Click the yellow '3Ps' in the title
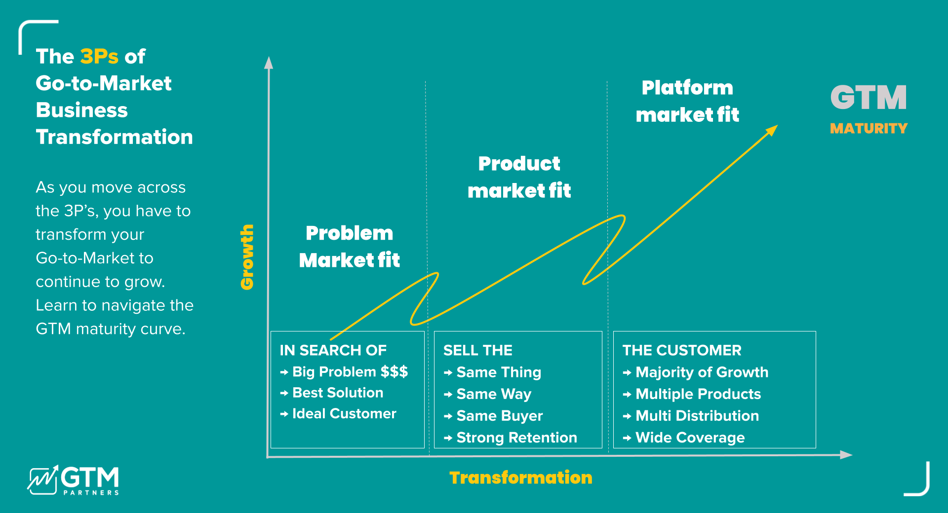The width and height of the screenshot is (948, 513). (x=99, y=57)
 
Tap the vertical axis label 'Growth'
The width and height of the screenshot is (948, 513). (x=247, y=257)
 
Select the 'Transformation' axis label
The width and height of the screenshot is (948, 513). (x=520, y=477)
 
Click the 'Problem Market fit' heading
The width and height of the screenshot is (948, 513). (x=349, y=247)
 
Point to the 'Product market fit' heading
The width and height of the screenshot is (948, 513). (x=519, y=177)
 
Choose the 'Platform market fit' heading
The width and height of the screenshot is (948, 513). (x=687, y=101)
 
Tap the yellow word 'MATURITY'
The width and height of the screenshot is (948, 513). (x=869, y=128)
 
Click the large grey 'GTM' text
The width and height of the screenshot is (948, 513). (x=869, y=97)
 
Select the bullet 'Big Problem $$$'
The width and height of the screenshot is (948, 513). (x=350, y=371)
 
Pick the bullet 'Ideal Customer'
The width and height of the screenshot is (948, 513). (x=344, y=413)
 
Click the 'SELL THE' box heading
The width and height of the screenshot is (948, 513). (x=477, y=350)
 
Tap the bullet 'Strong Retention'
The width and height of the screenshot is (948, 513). (x=516, y=438)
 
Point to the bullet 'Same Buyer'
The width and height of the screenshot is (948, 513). (x=499, y=416)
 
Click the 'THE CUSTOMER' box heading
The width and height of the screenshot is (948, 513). (x=681, y=350)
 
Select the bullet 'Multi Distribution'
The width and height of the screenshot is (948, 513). (x=697, y=416)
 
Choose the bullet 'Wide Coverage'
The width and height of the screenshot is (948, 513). (x=690, y=438)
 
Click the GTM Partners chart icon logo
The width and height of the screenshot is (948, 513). (x=42, y=480)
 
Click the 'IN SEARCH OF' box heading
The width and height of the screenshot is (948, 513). (x=333, y=350)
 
